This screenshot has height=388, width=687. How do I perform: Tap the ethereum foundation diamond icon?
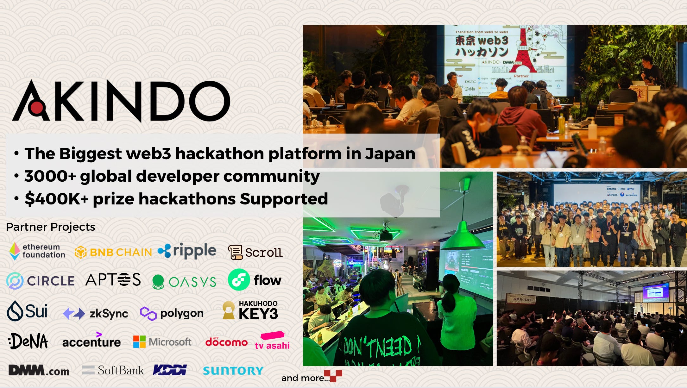coord(15,251)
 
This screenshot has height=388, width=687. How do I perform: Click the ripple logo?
coord(187,251)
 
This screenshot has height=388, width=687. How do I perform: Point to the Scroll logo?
coord(255,252)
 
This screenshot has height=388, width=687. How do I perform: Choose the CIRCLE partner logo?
coord(41,281)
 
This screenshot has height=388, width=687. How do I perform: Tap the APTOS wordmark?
coord(113,279)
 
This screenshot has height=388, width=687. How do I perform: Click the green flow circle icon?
coord(239,280)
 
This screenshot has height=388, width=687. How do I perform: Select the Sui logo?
coord(27,311)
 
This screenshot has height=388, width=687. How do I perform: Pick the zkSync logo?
coord(96,313)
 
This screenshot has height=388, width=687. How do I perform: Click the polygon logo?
coord(172,313)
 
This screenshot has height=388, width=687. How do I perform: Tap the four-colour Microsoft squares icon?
coord(139,342)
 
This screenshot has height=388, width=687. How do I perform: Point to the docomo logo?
coord(226,342)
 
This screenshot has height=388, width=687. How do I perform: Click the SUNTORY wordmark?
coord(233,371)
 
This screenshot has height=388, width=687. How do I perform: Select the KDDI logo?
coord(170,370)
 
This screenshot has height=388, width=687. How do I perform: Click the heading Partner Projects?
coord(50,227)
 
